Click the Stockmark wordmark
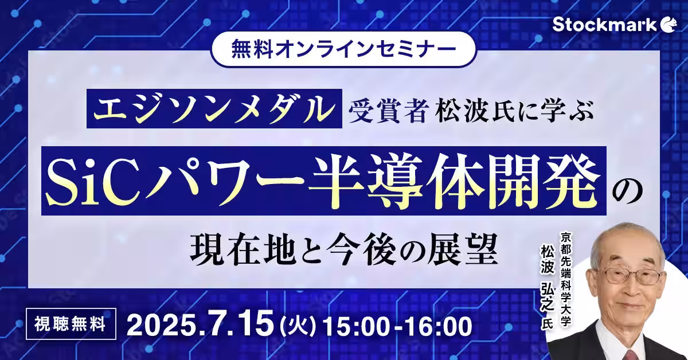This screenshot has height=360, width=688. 604,25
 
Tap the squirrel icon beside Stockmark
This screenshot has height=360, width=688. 669,25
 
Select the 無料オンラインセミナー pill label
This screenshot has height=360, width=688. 343,49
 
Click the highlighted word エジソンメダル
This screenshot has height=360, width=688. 214,108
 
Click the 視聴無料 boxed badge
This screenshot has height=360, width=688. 71,324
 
